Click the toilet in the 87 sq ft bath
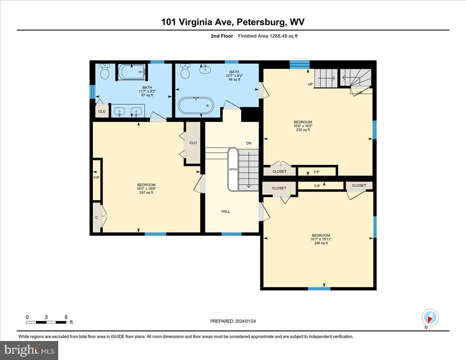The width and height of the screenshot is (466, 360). (x=104, y=71)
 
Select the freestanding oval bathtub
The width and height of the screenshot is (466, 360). (x=196, y=105)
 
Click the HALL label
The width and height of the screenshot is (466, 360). (x=226, y=212)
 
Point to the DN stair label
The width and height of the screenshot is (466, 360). (x=249, y=143)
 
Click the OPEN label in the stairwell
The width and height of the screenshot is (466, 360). (x=233, y=169)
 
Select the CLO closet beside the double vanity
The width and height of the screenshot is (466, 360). (x=102, y=111)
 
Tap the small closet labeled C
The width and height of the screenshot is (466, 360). (x=97, y=217)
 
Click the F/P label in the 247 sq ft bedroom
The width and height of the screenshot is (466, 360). (x=96, y=178)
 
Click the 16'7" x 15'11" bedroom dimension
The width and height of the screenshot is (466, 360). (x=321, y=239)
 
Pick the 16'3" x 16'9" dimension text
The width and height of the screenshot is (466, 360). (x=146, y=189)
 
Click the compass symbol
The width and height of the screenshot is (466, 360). (x=430, y=318)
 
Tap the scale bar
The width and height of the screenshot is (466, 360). (x=47, y=322)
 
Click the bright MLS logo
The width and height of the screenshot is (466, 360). (x=29, y=350)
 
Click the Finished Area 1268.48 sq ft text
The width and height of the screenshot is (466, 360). (x=268, y=36)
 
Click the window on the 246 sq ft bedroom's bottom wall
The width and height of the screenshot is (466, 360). (x=319, y=289)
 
